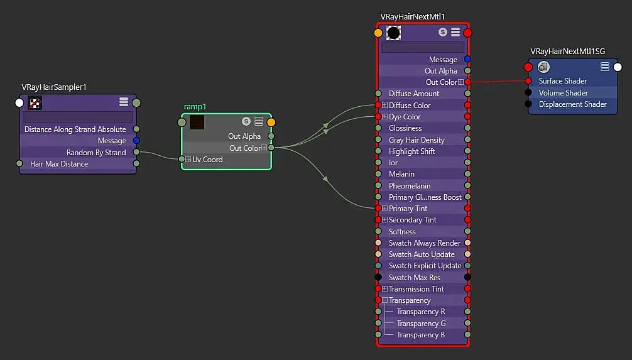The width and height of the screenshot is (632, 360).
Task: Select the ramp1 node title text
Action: click(x=195, y=107)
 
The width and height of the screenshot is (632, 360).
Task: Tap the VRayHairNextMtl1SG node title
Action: click(x=568, y=52)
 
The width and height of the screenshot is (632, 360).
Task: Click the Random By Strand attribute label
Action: click(x=96, y=153)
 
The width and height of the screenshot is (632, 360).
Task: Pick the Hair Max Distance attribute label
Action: click(x=59, y=164)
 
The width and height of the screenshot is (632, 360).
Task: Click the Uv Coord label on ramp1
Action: click(x=207, y=160)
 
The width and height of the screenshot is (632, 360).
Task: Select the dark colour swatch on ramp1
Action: click(x=197, y=122)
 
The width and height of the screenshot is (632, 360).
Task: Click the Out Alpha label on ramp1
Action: click(x=244, y=136)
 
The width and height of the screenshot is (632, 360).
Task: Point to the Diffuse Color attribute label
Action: click(x=410, y=106)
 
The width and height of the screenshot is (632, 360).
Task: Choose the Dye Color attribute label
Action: click(x=405, y=117)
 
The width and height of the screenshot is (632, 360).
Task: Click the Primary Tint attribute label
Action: click(x=408, y=209)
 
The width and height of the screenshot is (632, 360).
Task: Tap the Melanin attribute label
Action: click(x=401, y=174)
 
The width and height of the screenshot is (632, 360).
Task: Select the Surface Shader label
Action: click(x=562, y=81)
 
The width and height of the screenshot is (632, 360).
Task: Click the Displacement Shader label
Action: click(x=572, y=104)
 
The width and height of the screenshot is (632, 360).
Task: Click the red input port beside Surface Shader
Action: click(x=528, y=81)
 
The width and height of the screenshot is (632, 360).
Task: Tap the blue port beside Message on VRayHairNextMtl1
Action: click(x=467, y=60)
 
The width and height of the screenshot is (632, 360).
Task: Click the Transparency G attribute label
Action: click(x=421, y=324)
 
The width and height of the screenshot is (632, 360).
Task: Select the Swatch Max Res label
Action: click(x=414, y=278)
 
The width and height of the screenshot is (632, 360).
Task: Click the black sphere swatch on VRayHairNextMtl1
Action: click(x=393, y=33)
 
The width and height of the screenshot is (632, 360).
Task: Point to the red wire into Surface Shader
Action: click(x=496, y=82)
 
